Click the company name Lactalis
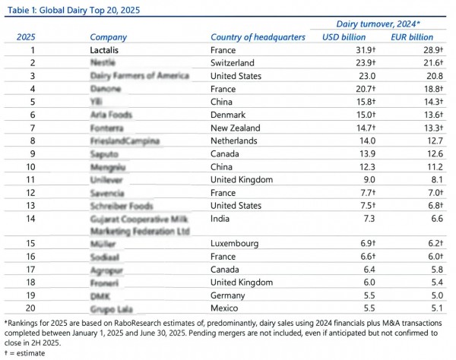pyautogui.click(x=107, y=49)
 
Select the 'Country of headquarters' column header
pyautogui.click(x=258, y=36)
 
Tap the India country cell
pyautogui.click(x=221, y=219)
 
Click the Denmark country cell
pyautogui.click(x=230, y=114)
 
